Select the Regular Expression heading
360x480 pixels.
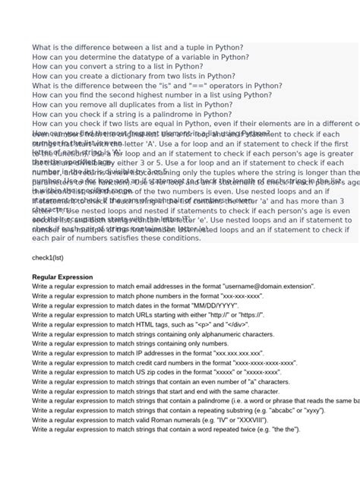pos(62,277)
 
